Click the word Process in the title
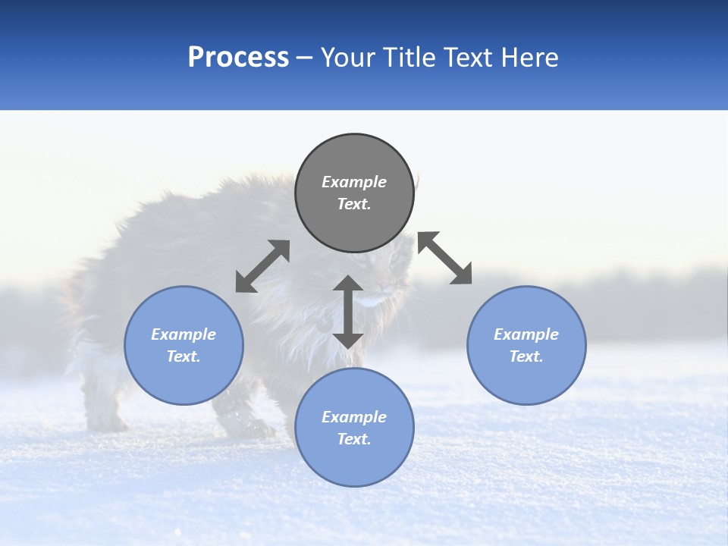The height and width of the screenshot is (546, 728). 238,58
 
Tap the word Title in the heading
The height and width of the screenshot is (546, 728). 409,58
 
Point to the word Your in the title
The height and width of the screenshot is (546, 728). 347,58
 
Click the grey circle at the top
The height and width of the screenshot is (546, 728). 354,193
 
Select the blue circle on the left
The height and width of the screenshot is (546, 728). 184,345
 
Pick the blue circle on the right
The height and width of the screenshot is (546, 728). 526,345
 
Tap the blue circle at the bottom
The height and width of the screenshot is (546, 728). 354,427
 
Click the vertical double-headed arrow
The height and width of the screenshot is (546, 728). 348,312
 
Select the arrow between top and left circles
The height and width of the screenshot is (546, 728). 262,266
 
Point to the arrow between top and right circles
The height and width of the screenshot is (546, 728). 445,258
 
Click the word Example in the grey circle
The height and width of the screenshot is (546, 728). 354,182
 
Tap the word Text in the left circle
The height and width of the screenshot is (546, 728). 184,356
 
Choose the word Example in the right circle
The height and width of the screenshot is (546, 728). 526,334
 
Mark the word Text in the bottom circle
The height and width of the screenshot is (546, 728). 354,439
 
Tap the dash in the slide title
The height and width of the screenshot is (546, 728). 305,58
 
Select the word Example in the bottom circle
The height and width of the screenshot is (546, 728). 354,417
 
